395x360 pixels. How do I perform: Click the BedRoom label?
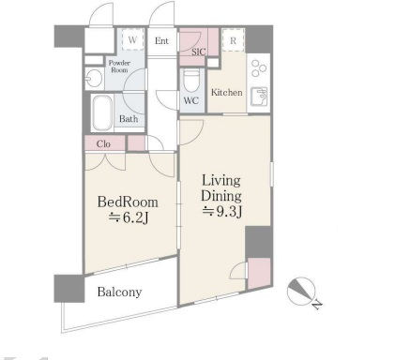tap(128, 202)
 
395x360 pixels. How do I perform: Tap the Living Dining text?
tap(221, 188)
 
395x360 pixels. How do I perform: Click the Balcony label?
tap(119, 292)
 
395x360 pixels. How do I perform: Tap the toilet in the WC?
tap(191, 81)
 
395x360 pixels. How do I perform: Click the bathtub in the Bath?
tap(102, 112)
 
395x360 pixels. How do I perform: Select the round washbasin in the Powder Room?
tap(94, 78)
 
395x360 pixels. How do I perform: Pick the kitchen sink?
tap(259, 97)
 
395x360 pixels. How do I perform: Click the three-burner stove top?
tap(258, 68)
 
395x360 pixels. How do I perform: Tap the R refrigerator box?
tap(233, 40)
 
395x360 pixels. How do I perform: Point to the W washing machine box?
tap(132, 39)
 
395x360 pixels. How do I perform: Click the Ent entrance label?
tap(161, 41)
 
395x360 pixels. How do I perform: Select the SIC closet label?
tap(199, 52)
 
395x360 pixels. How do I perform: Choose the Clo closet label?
tap(103, 144)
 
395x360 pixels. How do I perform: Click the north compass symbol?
tap(301, 291)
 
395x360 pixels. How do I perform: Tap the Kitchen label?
tap(226, 93)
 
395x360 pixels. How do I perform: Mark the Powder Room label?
tap(119, 67)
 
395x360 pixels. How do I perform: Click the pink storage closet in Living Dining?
tap(259, 274)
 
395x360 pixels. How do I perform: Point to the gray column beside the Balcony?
tap(68, 289)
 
